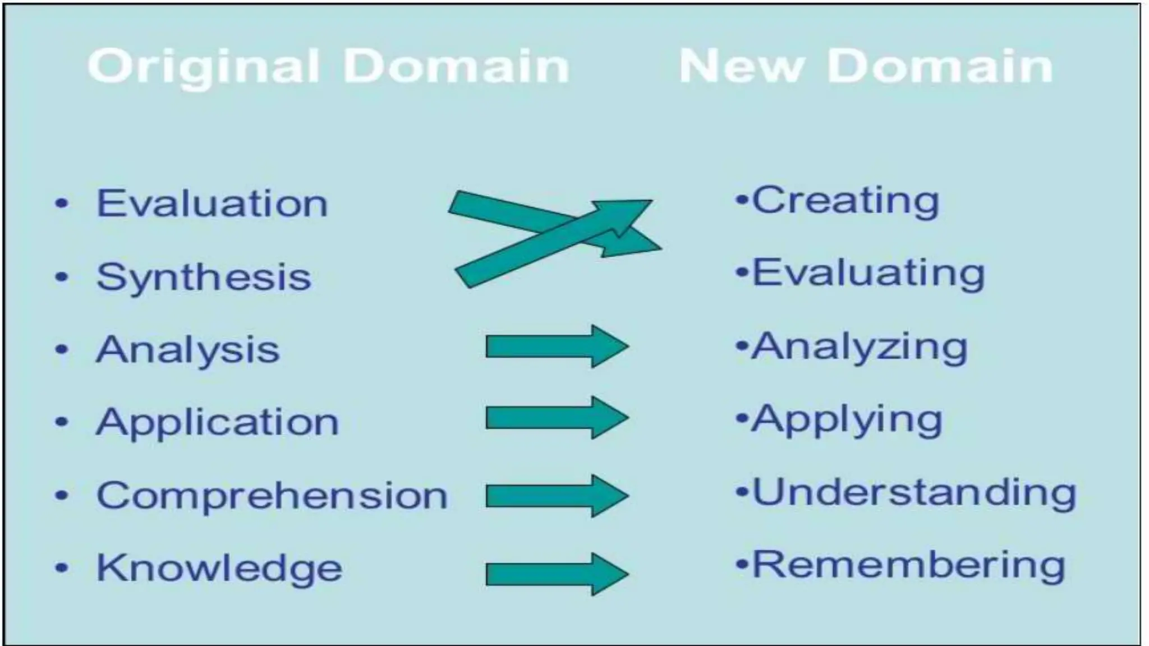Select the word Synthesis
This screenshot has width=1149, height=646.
[x=204, y=277]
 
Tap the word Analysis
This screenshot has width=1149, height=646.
[x=187, y=350]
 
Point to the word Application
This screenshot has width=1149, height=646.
[x=218, y=422]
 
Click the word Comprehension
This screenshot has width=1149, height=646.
[x=272, y=496]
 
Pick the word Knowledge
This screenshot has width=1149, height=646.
[x=219, y=568]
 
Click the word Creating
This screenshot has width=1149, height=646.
[x=845, y=201]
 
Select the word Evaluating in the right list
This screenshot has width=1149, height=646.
[x=868, y=274]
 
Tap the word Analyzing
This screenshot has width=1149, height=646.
[x=860, y=347]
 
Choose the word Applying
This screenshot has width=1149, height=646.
[x=847, y=419]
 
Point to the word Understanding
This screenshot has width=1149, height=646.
[x=914, y=492]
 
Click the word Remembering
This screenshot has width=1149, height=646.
[x=908, y=565]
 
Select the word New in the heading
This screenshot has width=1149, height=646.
[x=741, y=66]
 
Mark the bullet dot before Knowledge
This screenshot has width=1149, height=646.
[x=62, y=568]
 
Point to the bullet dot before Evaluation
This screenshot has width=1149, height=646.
[x=62, y=204]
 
